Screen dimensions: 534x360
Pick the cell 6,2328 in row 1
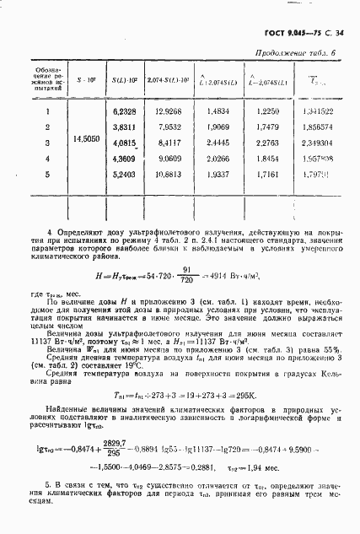pyautogui.click(x=124, y=111)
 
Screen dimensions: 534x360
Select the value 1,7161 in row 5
pyautogui.click(x=265, y=175)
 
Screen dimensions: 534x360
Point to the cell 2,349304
pyautogui.click(x=315, y=143)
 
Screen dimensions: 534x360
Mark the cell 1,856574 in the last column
pyautogui.click(x=315, y=127)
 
